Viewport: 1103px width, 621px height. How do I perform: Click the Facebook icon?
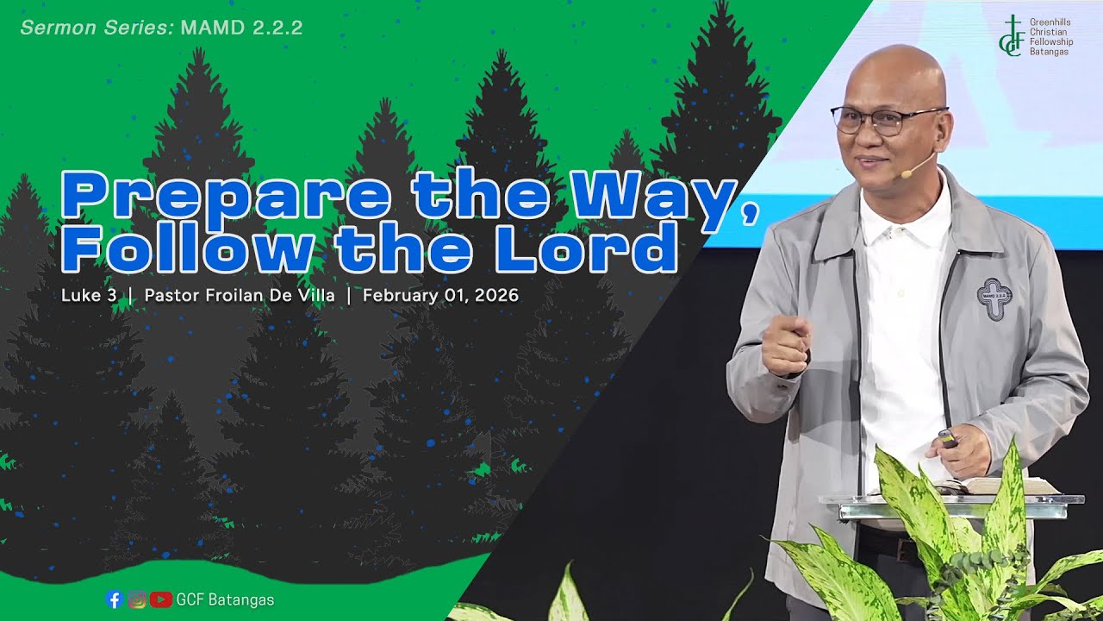(114, 599)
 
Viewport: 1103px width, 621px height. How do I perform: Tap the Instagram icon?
(137, 599)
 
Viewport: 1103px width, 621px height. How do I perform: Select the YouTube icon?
(160, 599)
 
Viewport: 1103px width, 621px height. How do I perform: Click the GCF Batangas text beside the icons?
(226, 599)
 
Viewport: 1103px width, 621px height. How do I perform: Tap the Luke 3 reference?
(88, 296)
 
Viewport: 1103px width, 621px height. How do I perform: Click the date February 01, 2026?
(440, 296)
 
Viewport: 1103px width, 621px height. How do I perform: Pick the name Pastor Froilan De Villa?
(240, 296)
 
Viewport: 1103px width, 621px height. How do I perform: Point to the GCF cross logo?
(1010, 36)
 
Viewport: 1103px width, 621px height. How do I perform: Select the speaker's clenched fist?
(786, 343)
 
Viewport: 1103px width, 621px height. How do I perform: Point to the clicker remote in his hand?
(946, 439)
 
